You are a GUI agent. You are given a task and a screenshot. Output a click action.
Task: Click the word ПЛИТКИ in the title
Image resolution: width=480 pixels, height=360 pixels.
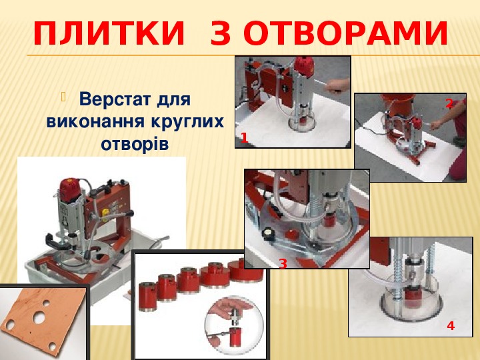[x=109, y=33]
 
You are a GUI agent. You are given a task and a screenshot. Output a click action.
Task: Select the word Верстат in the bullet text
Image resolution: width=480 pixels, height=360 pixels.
[x=115, y=99]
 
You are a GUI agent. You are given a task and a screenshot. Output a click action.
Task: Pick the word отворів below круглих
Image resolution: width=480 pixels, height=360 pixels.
[x=135, y=143]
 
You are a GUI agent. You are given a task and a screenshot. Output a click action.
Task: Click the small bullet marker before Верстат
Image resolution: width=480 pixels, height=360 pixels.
[x=64, y=97]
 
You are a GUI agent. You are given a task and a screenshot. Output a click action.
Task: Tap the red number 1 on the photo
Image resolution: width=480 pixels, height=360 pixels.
[x=244, y=138]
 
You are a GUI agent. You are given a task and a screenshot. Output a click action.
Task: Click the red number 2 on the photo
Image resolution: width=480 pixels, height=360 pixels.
[x=449, y=104]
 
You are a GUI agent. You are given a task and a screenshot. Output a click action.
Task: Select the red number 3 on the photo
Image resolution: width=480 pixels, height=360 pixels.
[x=283, y=263]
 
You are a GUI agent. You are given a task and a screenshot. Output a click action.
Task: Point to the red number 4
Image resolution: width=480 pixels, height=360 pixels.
[x=451, y=326]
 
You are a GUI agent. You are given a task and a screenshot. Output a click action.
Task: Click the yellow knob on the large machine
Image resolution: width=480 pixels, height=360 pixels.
[x=106, y=213]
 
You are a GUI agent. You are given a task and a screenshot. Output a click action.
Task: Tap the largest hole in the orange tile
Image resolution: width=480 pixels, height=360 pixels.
[x=39, y=318]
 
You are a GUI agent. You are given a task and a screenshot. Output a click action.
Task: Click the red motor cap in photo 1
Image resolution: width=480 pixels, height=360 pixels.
[x=304, y=66]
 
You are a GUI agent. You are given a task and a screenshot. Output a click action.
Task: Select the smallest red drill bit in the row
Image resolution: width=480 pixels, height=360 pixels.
[x=147, y=297]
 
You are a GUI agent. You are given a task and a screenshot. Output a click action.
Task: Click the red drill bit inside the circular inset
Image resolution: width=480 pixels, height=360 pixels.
[x=235, y=337]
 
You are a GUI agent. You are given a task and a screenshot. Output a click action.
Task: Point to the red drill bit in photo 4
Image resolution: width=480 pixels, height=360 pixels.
[x=413, y=298]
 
